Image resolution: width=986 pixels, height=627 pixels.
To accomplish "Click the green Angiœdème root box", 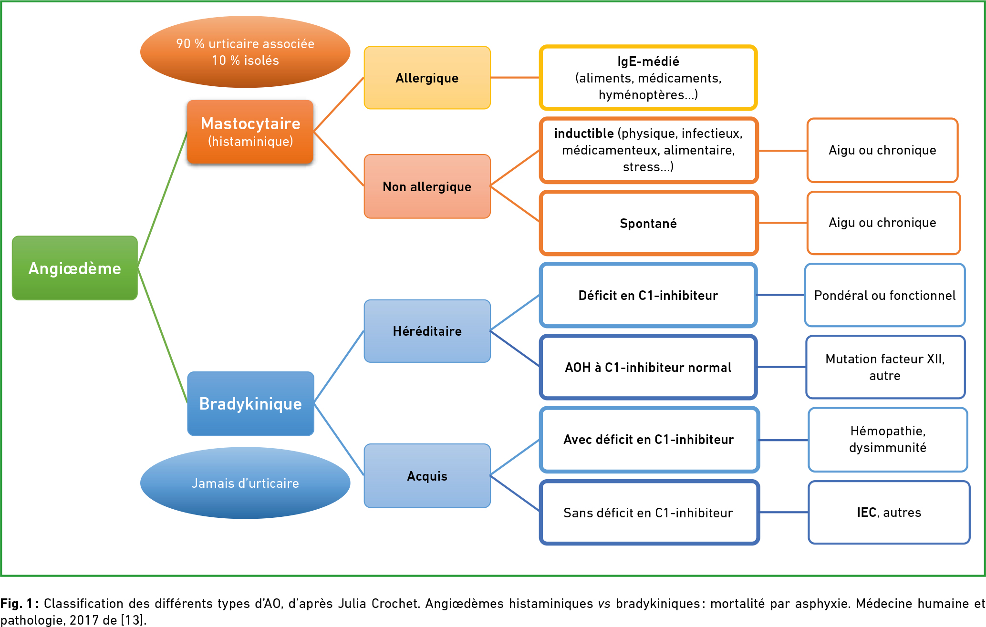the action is click(75, 268).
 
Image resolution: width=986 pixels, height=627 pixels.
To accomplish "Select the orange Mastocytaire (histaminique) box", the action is click(250, 132).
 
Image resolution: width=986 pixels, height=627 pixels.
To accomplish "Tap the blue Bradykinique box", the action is click(250, 403).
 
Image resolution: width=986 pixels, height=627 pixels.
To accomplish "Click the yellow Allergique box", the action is click(427, 78).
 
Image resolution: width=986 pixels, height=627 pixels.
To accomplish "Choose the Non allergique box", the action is click(427, 186).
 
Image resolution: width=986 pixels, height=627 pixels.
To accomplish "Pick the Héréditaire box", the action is click(427, 331).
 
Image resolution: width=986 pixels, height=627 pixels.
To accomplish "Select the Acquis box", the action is click(427, 476).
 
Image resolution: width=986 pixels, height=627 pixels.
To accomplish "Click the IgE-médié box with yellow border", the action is click(648, 78).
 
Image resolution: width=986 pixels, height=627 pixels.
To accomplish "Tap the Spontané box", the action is click(648, 223).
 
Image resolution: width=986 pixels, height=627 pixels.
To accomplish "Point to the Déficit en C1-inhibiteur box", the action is click(648, 295).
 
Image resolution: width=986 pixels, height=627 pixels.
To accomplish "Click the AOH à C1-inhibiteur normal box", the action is click(648, 367).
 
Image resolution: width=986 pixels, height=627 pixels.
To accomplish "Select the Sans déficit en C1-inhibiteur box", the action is click(649, 513).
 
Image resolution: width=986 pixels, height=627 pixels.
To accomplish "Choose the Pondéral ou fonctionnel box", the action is click(885, 295).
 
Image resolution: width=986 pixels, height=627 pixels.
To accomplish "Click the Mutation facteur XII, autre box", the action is click(885, 367).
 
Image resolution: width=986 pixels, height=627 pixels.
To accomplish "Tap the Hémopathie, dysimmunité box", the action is click(888, 440).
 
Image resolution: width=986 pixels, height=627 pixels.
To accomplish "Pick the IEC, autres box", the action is click(889, 513).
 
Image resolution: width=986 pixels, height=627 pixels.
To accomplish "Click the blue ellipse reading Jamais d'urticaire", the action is click(245, 483).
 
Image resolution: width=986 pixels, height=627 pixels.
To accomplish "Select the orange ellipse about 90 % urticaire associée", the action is click(245, 52).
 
